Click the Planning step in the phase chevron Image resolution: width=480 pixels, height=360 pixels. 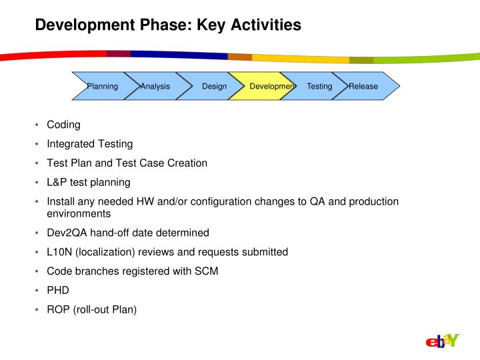(101, 86)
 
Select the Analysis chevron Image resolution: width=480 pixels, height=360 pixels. (155, 86)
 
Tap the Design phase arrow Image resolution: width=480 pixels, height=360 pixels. (214, 86)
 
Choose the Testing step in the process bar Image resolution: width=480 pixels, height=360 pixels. (319, 86)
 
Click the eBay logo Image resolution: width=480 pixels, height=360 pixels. (443, 341)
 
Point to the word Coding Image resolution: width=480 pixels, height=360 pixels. (63, 125)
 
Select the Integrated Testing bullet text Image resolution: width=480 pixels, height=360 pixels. (89, 143)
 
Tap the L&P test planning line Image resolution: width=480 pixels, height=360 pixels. (88, 181)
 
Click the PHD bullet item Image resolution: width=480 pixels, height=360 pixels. (58, 290)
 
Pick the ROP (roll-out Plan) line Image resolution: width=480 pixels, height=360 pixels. (91, 309)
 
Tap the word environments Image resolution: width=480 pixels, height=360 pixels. (78, 214)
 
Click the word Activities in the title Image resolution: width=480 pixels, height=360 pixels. (263, 25)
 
